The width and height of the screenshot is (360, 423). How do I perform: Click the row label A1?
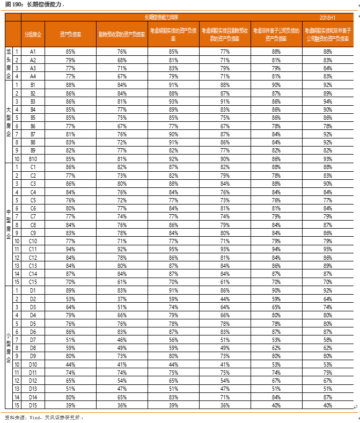tap(33, 51)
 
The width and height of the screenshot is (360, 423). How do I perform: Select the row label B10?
tap(33, 159)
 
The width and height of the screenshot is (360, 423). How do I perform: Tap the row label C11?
tap(33, 249)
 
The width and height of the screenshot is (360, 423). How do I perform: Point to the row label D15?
tap(33, 405)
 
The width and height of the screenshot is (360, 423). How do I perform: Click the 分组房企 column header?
tap(33, 34)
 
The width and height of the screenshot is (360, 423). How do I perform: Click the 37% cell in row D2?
tap(122, 298)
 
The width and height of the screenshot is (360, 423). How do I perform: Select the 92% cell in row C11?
tap(122, 249)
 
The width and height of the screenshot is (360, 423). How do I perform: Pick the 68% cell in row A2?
tap(122, 60)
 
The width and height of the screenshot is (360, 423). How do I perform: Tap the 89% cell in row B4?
tap(173, 109)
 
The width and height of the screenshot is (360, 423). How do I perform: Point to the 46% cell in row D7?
tap(122, 339)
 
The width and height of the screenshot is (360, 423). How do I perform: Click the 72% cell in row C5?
tap(122, 200)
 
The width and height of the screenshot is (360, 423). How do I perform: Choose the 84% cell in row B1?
tap(122, 84)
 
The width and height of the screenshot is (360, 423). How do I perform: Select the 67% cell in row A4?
tap(122, 76)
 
